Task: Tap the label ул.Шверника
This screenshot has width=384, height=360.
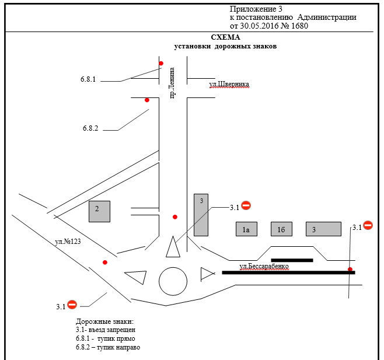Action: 229,85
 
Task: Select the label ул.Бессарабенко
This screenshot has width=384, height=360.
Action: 264,266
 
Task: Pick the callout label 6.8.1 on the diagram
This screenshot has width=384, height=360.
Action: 89,78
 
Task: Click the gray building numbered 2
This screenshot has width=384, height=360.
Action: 99,211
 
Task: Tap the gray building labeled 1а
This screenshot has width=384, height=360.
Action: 246,229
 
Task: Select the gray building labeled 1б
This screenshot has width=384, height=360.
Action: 281,229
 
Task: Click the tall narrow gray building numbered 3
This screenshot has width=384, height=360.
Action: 201,215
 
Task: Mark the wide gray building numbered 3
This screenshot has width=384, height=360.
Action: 323,229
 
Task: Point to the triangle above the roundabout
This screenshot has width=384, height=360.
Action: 173,247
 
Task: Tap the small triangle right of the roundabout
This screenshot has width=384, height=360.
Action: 207,273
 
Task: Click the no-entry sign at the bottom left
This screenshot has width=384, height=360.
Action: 72,304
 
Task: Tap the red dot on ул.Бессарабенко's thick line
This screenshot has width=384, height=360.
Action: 350,269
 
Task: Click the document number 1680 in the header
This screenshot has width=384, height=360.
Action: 298,26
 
